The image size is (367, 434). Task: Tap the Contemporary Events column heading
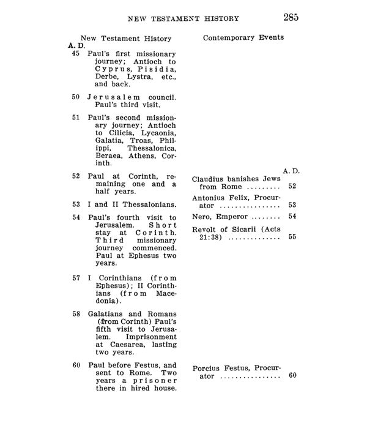tap(243, 37)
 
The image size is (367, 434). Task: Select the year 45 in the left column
tap(76, 54)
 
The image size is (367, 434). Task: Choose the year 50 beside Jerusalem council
tap(76, 97)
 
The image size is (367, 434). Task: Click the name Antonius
tap(212, 198)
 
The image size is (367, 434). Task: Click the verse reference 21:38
tap(206, 238)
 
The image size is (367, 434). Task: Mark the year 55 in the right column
tap(292, 238)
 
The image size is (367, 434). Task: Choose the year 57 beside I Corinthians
tap(76, 277)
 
